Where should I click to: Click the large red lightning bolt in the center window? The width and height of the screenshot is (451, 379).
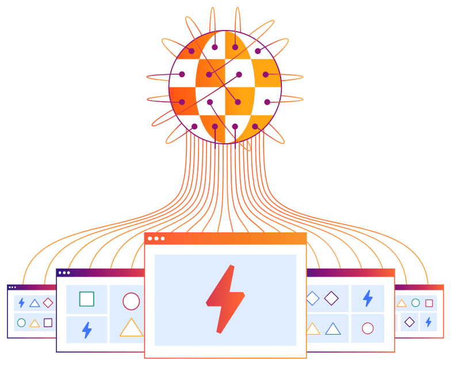tap(225, 299)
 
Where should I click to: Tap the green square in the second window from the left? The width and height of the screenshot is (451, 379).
tap(86, 299)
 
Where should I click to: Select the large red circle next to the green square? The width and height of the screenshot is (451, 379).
tap(131, 301)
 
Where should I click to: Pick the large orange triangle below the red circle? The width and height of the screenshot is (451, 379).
tap(131, 328)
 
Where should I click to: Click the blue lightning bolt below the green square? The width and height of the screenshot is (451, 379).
tap(87, 330)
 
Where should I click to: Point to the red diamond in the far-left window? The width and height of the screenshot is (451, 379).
tap(48, 303)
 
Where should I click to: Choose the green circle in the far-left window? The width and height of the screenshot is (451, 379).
tap(21, 323)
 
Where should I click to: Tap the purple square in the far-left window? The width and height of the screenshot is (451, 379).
tap(48, 323)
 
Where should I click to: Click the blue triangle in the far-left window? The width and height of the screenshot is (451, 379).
tap(35, 303)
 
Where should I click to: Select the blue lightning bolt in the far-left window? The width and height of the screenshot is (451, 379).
tap(21, 303)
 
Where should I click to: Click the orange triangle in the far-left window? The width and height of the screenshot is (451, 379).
tap(35, 323)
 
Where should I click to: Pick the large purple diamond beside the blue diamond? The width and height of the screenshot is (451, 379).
tap(331, 298)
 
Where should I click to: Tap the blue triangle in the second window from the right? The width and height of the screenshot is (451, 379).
tap(333, 329)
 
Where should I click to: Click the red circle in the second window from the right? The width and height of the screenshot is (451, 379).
tap(368, 328)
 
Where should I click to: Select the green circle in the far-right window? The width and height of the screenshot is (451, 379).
tap(415, 303)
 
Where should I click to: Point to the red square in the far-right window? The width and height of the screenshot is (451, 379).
tap(429, 303)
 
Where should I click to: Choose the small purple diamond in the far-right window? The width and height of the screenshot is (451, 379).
tap(409, 322)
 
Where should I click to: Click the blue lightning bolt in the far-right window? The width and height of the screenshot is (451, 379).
tap(428, 322)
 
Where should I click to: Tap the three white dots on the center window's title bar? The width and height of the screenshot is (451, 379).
tap(156, 238)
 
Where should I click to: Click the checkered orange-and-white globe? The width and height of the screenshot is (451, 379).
tap(225, 87)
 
